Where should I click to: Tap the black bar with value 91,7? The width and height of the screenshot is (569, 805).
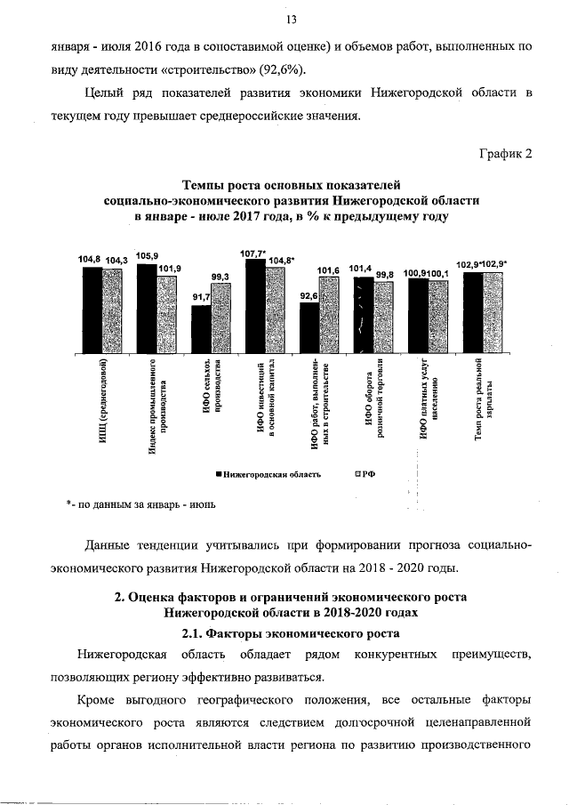coord(201,328)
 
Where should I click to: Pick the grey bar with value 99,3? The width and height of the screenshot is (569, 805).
coord(220,318)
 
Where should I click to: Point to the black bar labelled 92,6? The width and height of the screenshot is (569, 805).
coord(309,327)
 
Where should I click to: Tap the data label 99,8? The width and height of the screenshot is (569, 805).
coord(385,275)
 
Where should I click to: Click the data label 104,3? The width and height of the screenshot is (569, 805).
coord(116,260)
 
